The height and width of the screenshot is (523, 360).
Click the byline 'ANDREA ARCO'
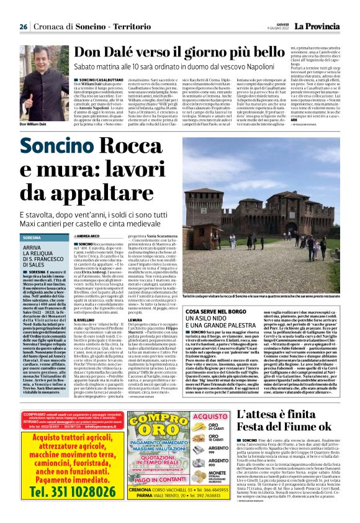pos(88,237)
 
